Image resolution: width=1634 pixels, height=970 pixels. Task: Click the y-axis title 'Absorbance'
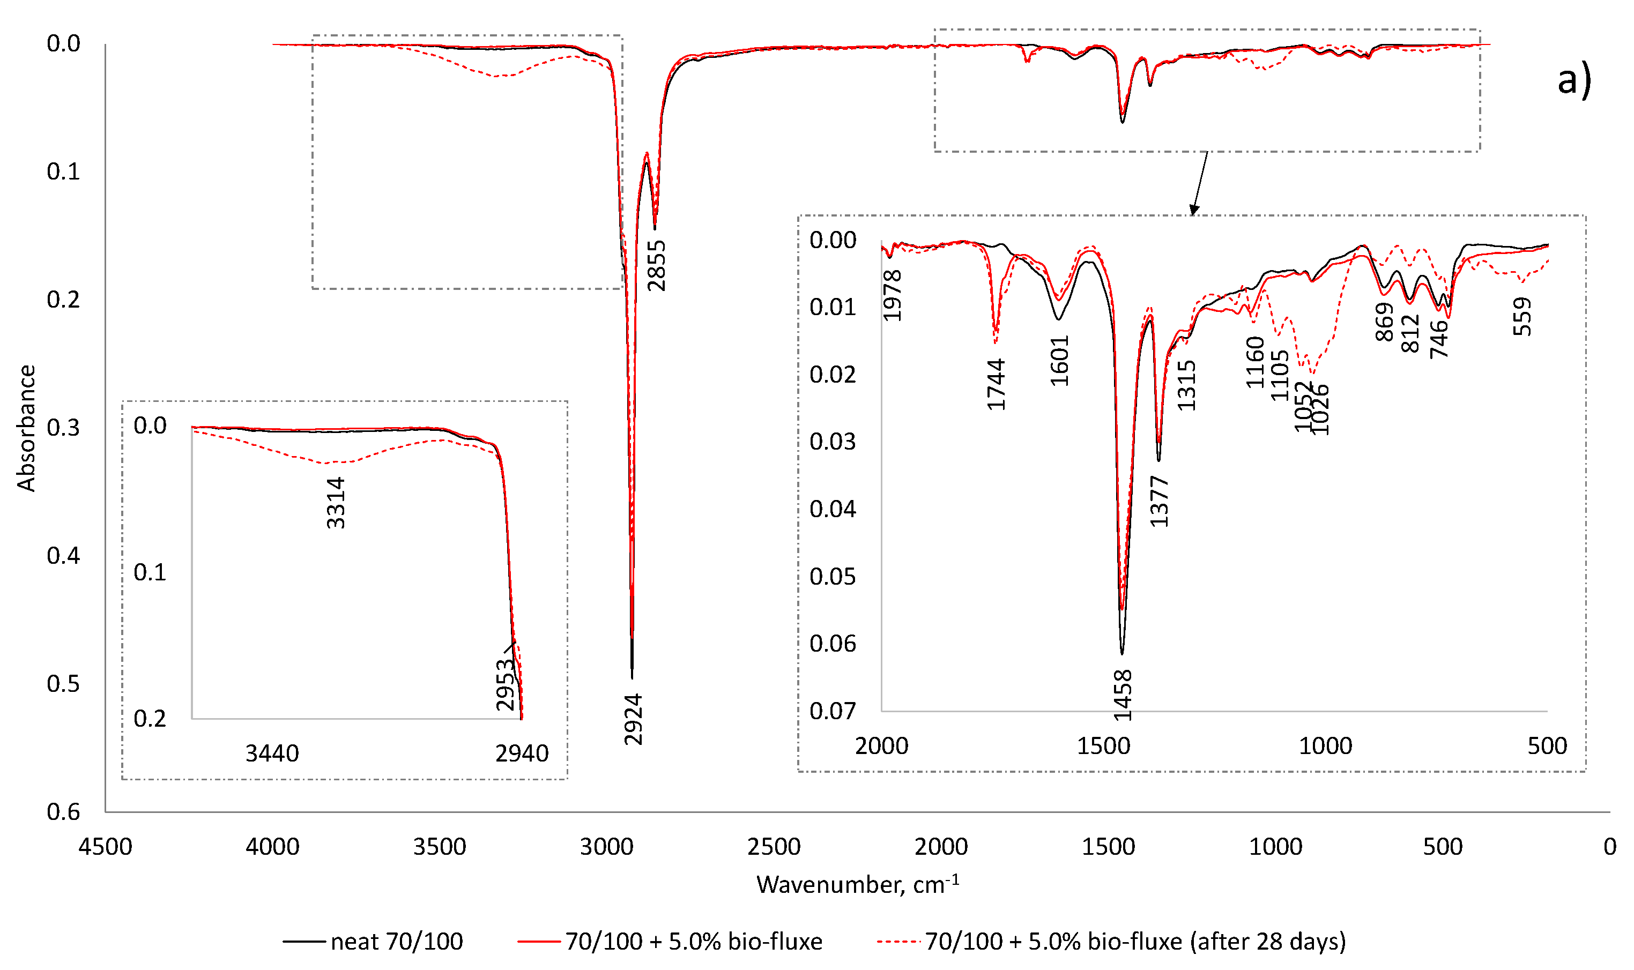click(x=26, y=428)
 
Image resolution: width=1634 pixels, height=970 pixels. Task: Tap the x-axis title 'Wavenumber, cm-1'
click(x=857, y=884)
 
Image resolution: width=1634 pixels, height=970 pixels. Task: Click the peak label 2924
click(x=633, y=720)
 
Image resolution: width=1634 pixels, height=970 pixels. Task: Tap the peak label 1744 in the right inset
click(x=995, y=385)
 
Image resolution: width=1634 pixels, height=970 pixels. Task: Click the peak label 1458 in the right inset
click(x=1123, y=696)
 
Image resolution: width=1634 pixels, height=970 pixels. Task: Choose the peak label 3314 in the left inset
click(x=336, y=503)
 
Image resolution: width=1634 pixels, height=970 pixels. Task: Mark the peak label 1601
click(x=1059, y=361)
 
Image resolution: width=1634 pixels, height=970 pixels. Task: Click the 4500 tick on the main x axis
click(x=105, y=847)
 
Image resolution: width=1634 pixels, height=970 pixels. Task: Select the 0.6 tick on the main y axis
click(x=63, y=812)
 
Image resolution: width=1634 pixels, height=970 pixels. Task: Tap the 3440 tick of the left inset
click(x=272, y=753)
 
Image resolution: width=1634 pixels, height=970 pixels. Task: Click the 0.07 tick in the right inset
click(x=833, y=711)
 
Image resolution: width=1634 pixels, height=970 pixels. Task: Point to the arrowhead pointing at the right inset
click(x=1193, y=210)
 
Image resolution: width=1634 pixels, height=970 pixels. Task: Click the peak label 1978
click(x=892, y=295)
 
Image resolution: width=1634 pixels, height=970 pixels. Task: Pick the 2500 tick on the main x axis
click(x=774, y=847)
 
